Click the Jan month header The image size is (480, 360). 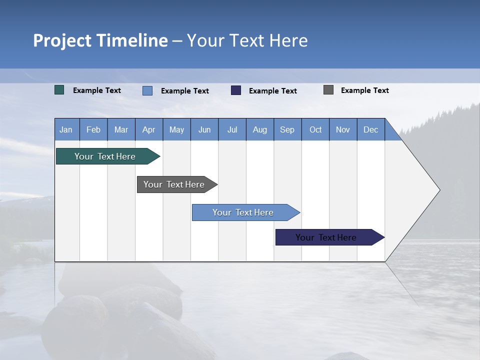point(66,129)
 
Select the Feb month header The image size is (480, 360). point(93,129)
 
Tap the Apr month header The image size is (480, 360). point(148,129)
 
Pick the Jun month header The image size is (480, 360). point(204,129)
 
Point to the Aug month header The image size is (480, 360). point(259,129)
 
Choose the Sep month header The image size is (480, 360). point(287,129)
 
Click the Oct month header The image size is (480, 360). point(315,129)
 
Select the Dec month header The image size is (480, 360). point(370,129)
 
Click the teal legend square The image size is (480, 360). point(59,90)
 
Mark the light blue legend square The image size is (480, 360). point(147,90)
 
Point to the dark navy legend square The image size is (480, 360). point(236,90)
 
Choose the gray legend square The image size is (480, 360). point(328,90)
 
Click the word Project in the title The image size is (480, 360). point(62,40)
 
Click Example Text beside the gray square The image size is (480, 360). point(364,90)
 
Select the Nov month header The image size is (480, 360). point(343,129)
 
